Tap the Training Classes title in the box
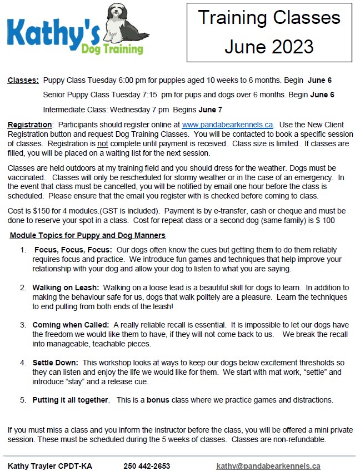tap(269, 18)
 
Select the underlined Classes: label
tap(23, 81)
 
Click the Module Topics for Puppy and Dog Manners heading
tap(88, 235)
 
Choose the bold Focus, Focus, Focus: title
tap(73, 250)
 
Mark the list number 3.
tap(23, 325)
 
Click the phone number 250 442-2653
tap(147, 466)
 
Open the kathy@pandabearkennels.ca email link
tap(268, 466)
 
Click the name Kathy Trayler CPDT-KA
tap(50, 466)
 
